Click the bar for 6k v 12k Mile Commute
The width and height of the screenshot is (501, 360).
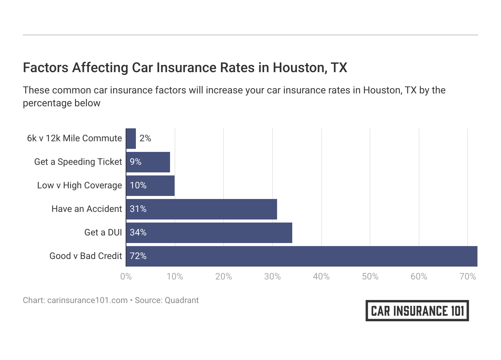[131, 138]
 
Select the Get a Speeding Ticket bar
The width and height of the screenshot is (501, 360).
[148, 162]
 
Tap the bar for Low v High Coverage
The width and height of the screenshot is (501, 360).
[150, 185]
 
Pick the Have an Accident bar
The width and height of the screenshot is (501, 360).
[201, 209]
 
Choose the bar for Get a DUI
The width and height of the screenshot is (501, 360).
[209, 232]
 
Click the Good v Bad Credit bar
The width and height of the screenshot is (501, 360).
[301, 256]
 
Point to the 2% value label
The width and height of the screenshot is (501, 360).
[145, 138]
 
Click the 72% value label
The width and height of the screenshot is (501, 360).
[138, 256]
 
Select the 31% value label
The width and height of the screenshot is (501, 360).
[138, 209]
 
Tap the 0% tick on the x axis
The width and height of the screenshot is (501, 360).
[126, 276]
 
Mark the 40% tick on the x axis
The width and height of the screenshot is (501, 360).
[321, 276]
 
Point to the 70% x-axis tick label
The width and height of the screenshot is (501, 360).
[468, 276]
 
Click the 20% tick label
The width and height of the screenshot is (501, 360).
[224, 276]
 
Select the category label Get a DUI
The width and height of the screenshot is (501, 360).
[103, 232]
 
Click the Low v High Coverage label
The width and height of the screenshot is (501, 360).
[80, 185]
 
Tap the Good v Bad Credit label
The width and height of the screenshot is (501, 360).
[86, 256]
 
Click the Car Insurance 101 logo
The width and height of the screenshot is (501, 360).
[417, 311]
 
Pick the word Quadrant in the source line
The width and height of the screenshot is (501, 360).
[181, 300]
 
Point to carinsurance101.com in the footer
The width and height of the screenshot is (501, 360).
[87, 300]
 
